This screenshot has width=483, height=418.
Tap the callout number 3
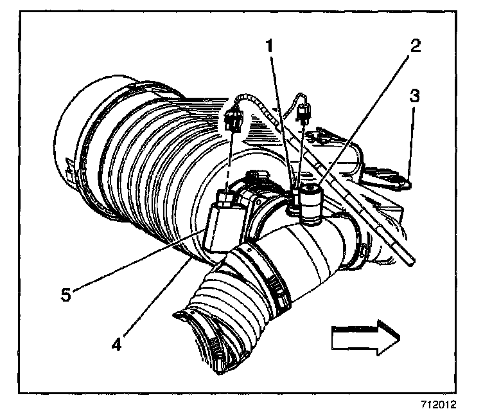click(414, 98)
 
